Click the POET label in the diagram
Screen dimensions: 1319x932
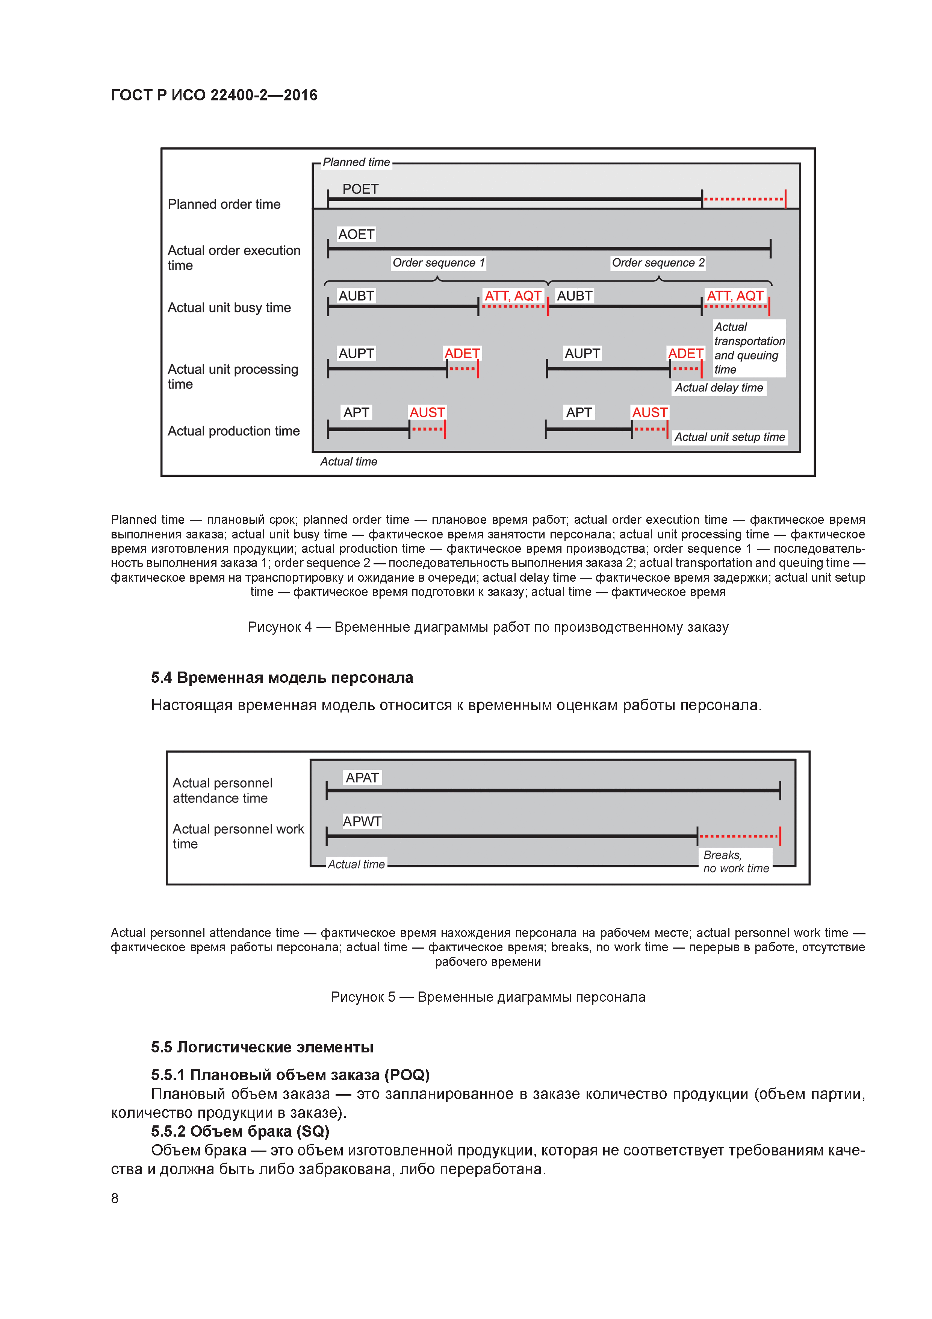pos(360,189)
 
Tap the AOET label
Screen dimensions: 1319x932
pos(356,234)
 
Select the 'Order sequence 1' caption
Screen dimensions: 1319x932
pos(439,262)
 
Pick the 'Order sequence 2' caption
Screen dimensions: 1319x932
pos(658,262)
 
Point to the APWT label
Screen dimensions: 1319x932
pos(362,822)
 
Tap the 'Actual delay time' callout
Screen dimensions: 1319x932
pos(719,388)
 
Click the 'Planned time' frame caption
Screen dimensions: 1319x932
pos(356,162)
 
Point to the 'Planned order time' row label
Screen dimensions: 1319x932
pos(224,205)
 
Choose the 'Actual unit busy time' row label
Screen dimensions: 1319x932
pos(229,308)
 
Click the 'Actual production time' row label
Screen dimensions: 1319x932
pos(233,431)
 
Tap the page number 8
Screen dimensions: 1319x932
pos(115,1198)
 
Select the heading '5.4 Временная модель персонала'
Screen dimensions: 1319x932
pos(282,678)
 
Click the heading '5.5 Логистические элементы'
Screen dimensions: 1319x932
pos(262,1047)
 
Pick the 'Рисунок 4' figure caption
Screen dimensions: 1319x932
pos(487,627)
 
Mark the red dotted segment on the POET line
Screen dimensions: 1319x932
pos(744,199)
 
